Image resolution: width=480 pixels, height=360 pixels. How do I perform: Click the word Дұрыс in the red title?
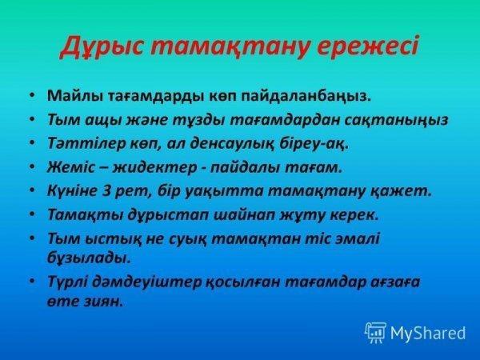pos(102,48)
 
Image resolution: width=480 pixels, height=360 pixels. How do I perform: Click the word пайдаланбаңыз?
pos(306,97)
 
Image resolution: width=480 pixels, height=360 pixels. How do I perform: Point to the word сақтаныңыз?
pos(397,120)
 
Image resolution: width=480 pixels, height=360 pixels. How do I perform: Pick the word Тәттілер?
pos(86,143)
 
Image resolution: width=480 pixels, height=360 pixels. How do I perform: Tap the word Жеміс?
pos(71,167)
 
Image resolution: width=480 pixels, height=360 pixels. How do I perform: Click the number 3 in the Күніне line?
pos(106,191)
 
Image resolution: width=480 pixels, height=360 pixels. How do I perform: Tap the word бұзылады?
pos(89,258)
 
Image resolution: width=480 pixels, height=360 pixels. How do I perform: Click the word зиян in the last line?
pos(103,302)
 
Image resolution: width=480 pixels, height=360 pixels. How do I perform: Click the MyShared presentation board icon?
pos(375,333)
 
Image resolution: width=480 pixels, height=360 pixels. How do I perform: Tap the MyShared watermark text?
pos(428,333)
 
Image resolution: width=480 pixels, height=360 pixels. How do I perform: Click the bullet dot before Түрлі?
pos(33,281)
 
